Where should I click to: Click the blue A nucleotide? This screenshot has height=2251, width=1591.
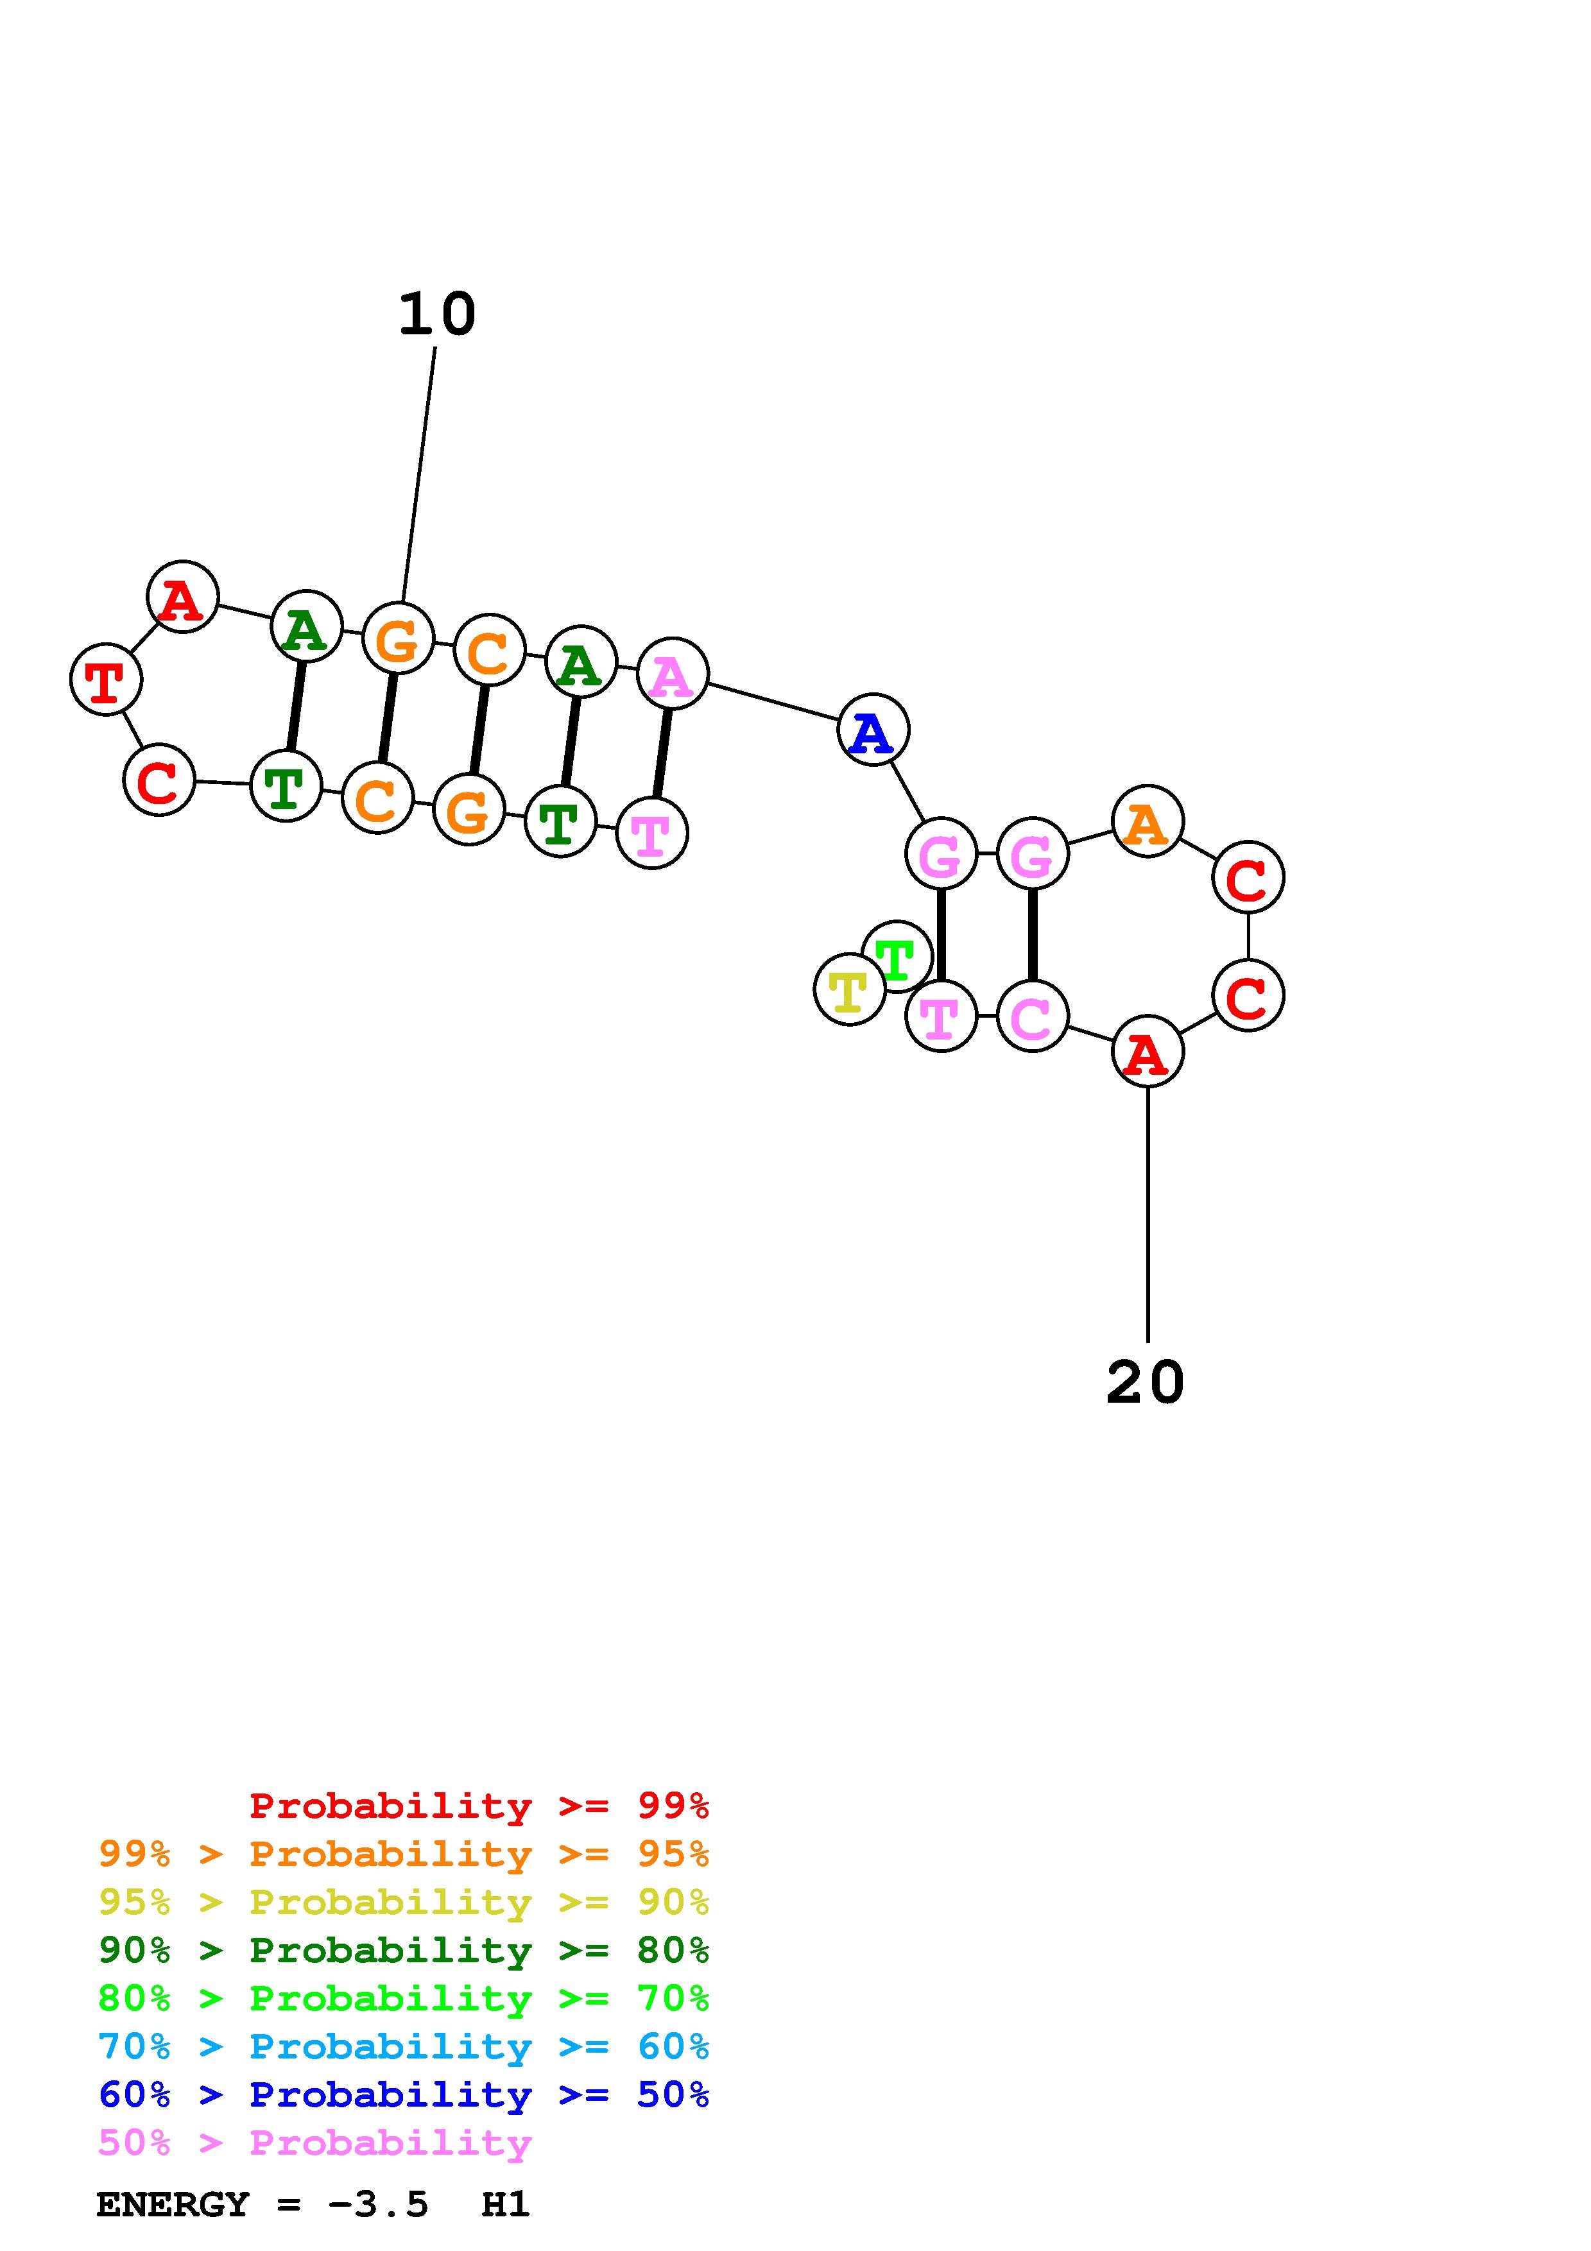pos(872,730)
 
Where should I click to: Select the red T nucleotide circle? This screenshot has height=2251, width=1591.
pos(106,680)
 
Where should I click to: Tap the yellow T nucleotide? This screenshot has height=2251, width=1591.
pos(849,990)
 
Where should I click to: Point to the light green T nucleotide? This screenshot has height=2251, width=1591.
pos(897,957)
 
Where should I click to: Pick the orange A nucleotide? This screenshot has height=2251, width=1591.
pos(1147,821)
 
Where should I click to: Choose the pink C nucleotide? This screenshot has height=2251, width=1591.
pos(1032,1016)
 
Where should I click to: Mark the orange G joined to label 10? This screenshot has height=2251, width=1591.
pos(398,639)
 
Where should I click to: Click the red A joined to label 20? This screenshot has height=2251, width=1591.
pos(1147,1052)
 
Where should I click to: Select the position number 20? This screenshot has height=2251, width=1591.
pos(1145,1383)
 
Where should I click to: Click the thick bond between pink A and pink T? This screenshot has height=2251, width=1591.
pos(663,752)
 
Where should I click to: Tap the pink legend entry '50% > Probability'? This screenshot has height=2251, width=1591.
pos(314,2143)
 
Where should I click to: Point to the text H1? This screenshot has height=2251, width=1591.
pos(506,2205)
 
